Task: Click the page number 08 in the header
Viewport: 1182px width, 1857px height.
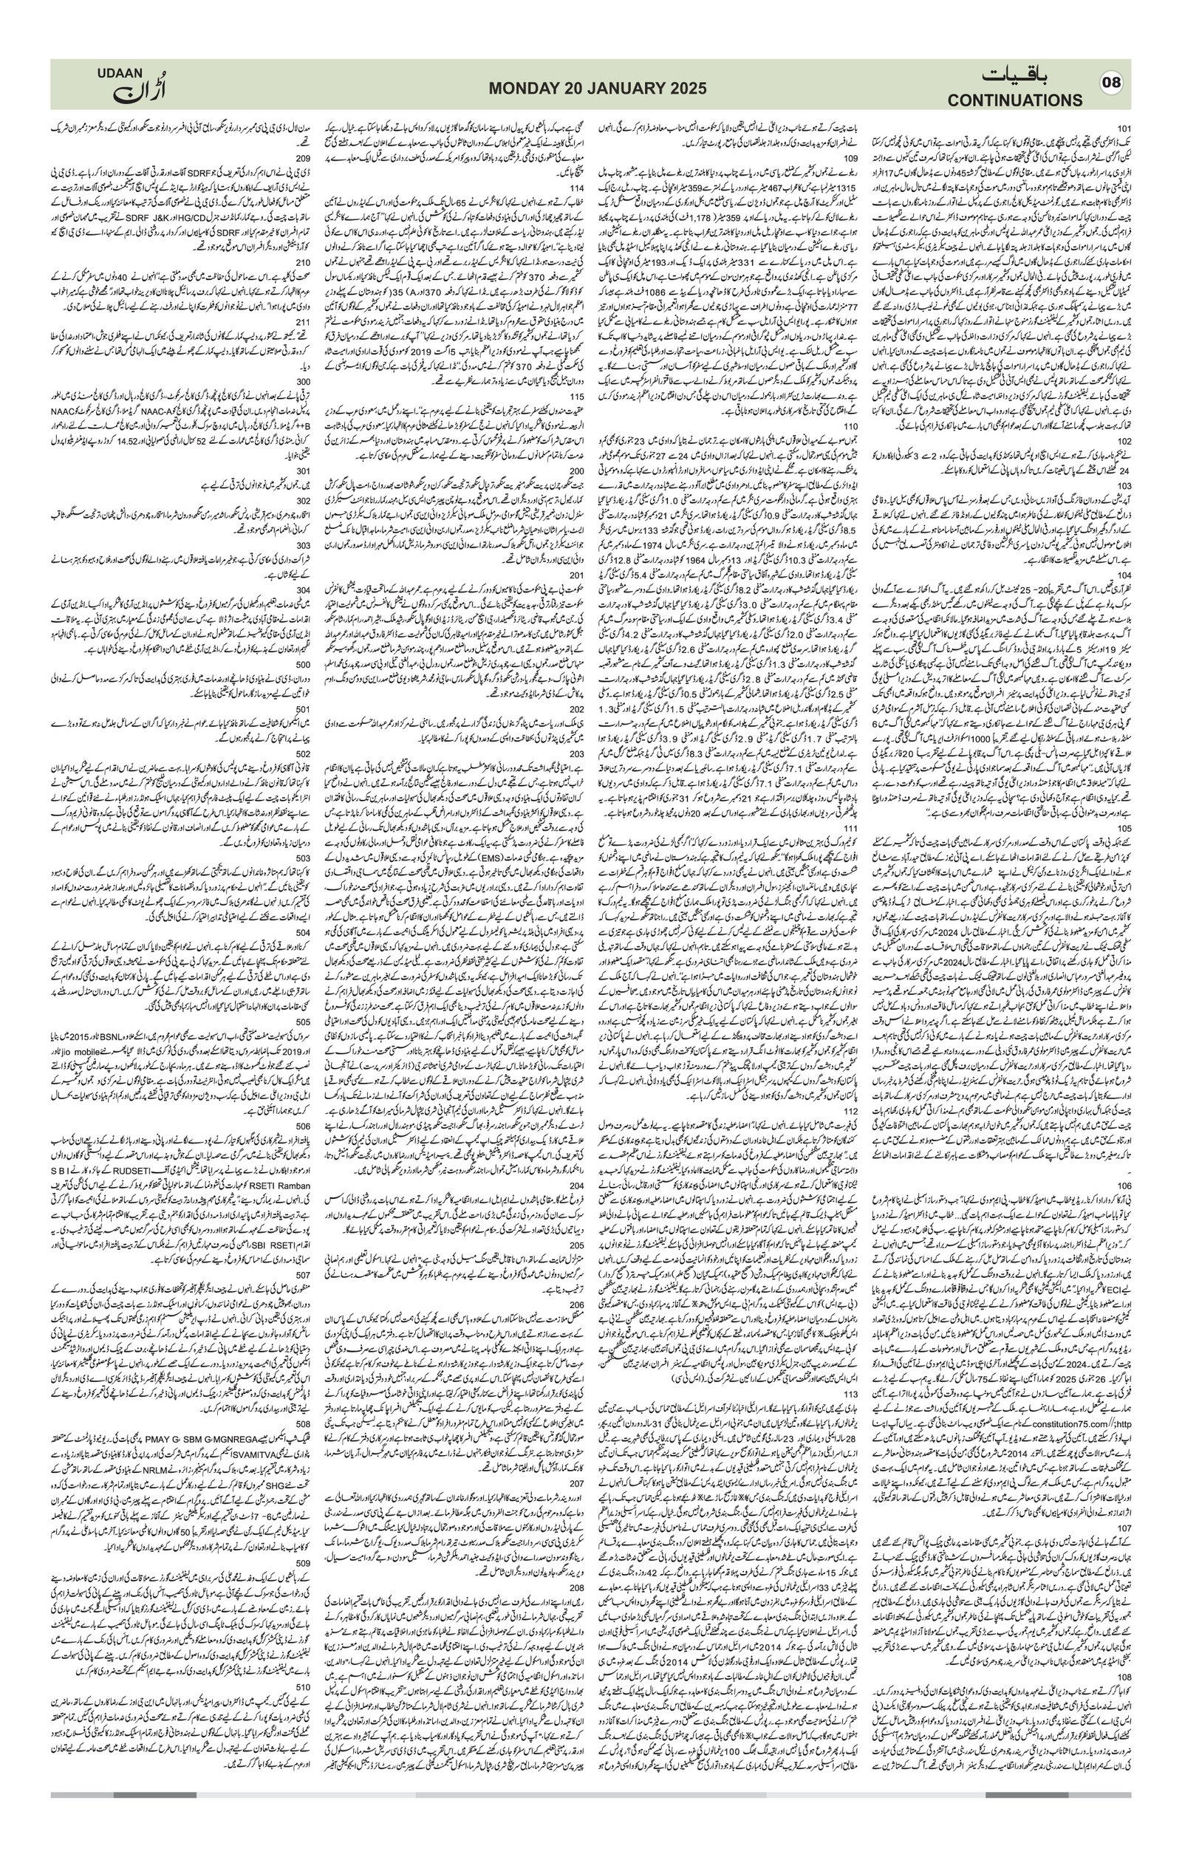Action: (1111, 83)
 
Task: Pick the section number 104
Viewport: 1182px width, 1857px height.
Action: (1124, 575)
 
